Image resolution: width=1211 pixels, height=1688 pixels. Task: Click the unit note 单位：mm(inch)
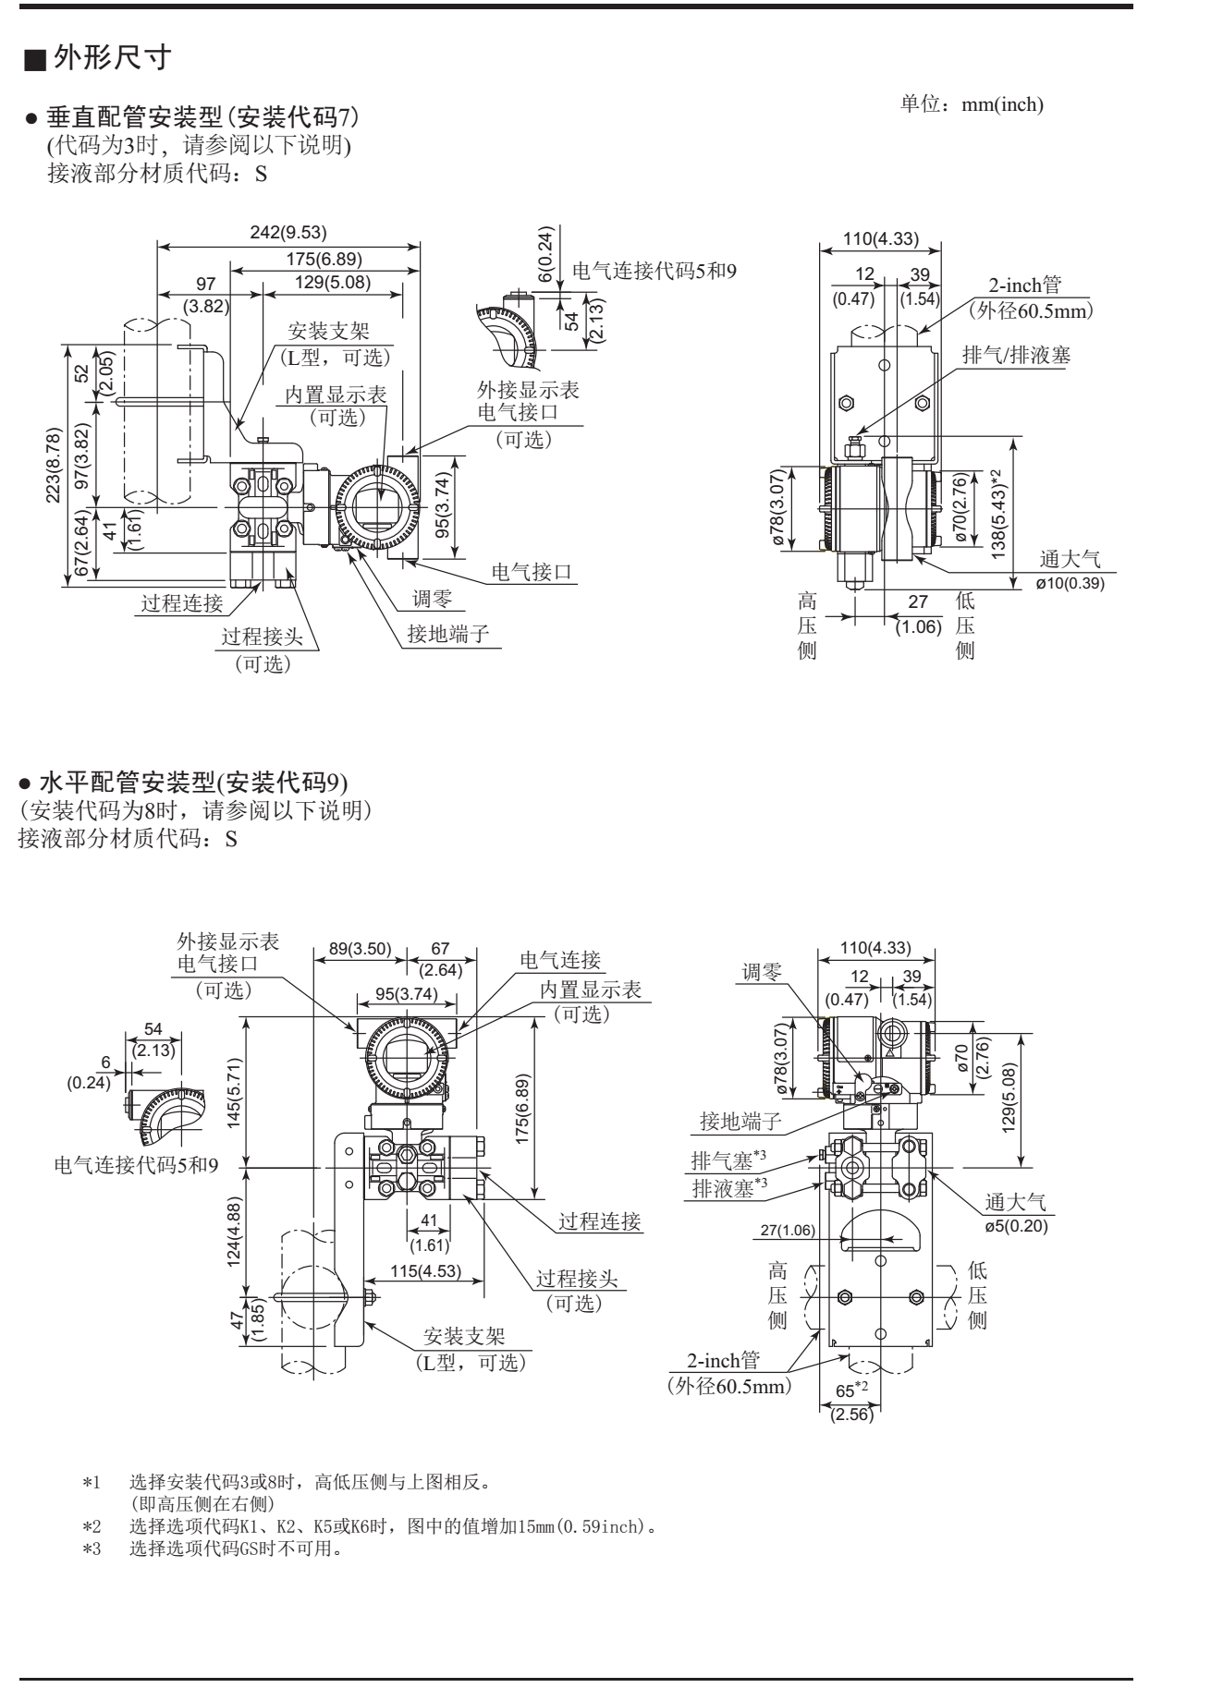972,104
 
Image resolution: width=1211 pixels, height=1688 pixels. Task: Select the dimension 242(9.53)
288,232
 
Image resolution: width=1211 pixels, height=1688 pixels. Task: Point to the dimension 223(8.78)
54,466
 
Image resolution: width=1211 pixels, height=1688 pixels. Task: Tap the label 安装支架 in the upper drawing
328,333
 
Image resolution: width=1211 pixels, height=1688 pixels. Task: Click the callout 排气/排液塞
1016,355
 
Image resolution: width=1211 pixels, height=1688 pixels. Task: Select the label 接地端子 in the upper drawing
447,634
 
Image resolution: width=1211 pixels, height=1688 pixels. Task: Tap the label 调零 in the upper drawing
432,600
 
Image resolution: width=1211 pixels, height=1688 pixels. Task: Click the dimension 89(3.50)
361,949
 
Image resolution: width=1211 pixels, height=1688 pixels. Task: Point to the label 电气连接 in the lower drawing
560,960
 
